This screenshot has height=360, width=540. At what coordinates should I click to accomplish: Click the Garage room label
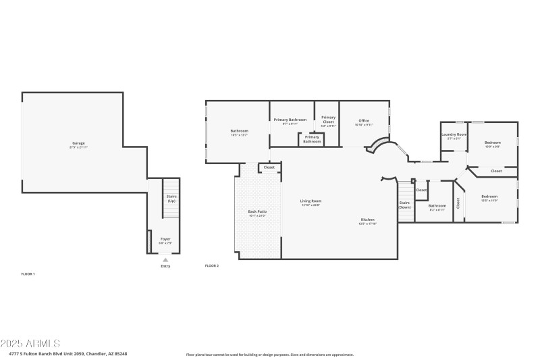78,143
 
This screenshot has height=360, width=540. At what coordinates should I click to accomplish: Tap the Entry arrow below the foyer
165,259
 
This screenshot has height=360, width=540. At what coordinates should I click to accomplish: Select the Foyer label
165,239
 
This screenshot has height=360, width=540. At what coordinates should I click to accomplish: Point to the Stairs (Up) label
171,199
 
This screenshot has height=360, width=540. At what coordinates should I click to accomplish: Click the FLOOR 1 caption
28,274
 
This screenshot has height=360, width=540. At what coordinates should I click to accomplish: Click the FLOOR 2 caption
212,265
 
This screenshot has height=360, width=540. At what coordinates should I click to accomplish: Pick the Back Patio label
257,211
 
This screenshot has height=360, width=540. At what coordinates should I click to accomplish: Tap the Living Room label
310,201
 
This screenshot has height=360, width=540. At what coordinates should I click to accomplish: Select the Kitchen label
367,220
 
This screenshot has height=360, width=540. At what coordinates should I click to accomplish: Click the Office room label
364,120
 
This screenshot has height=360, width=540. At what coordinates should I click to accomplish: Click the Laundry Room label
454,134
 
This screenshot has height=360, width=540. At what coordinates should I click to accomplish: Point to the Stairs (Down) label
404,205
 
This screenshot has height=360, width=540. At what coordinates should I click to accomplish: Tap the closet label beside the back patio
269,167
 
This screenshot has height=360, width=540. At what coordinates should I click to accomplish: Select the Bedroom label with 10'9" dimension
493,143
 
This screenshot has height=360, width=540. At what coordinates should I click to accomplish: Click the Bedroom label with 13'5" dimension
489,196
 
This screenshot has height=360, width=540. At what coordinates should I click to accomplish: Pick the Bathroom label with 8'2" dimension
437,205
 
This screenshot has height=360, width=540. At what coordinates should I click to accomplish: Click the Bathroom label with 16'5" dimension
239,130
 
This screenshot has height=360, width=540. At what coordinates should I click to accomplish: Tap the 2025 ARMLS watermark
30,344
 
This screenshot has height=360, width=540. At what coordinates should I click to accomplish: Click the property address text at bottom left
67,353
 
